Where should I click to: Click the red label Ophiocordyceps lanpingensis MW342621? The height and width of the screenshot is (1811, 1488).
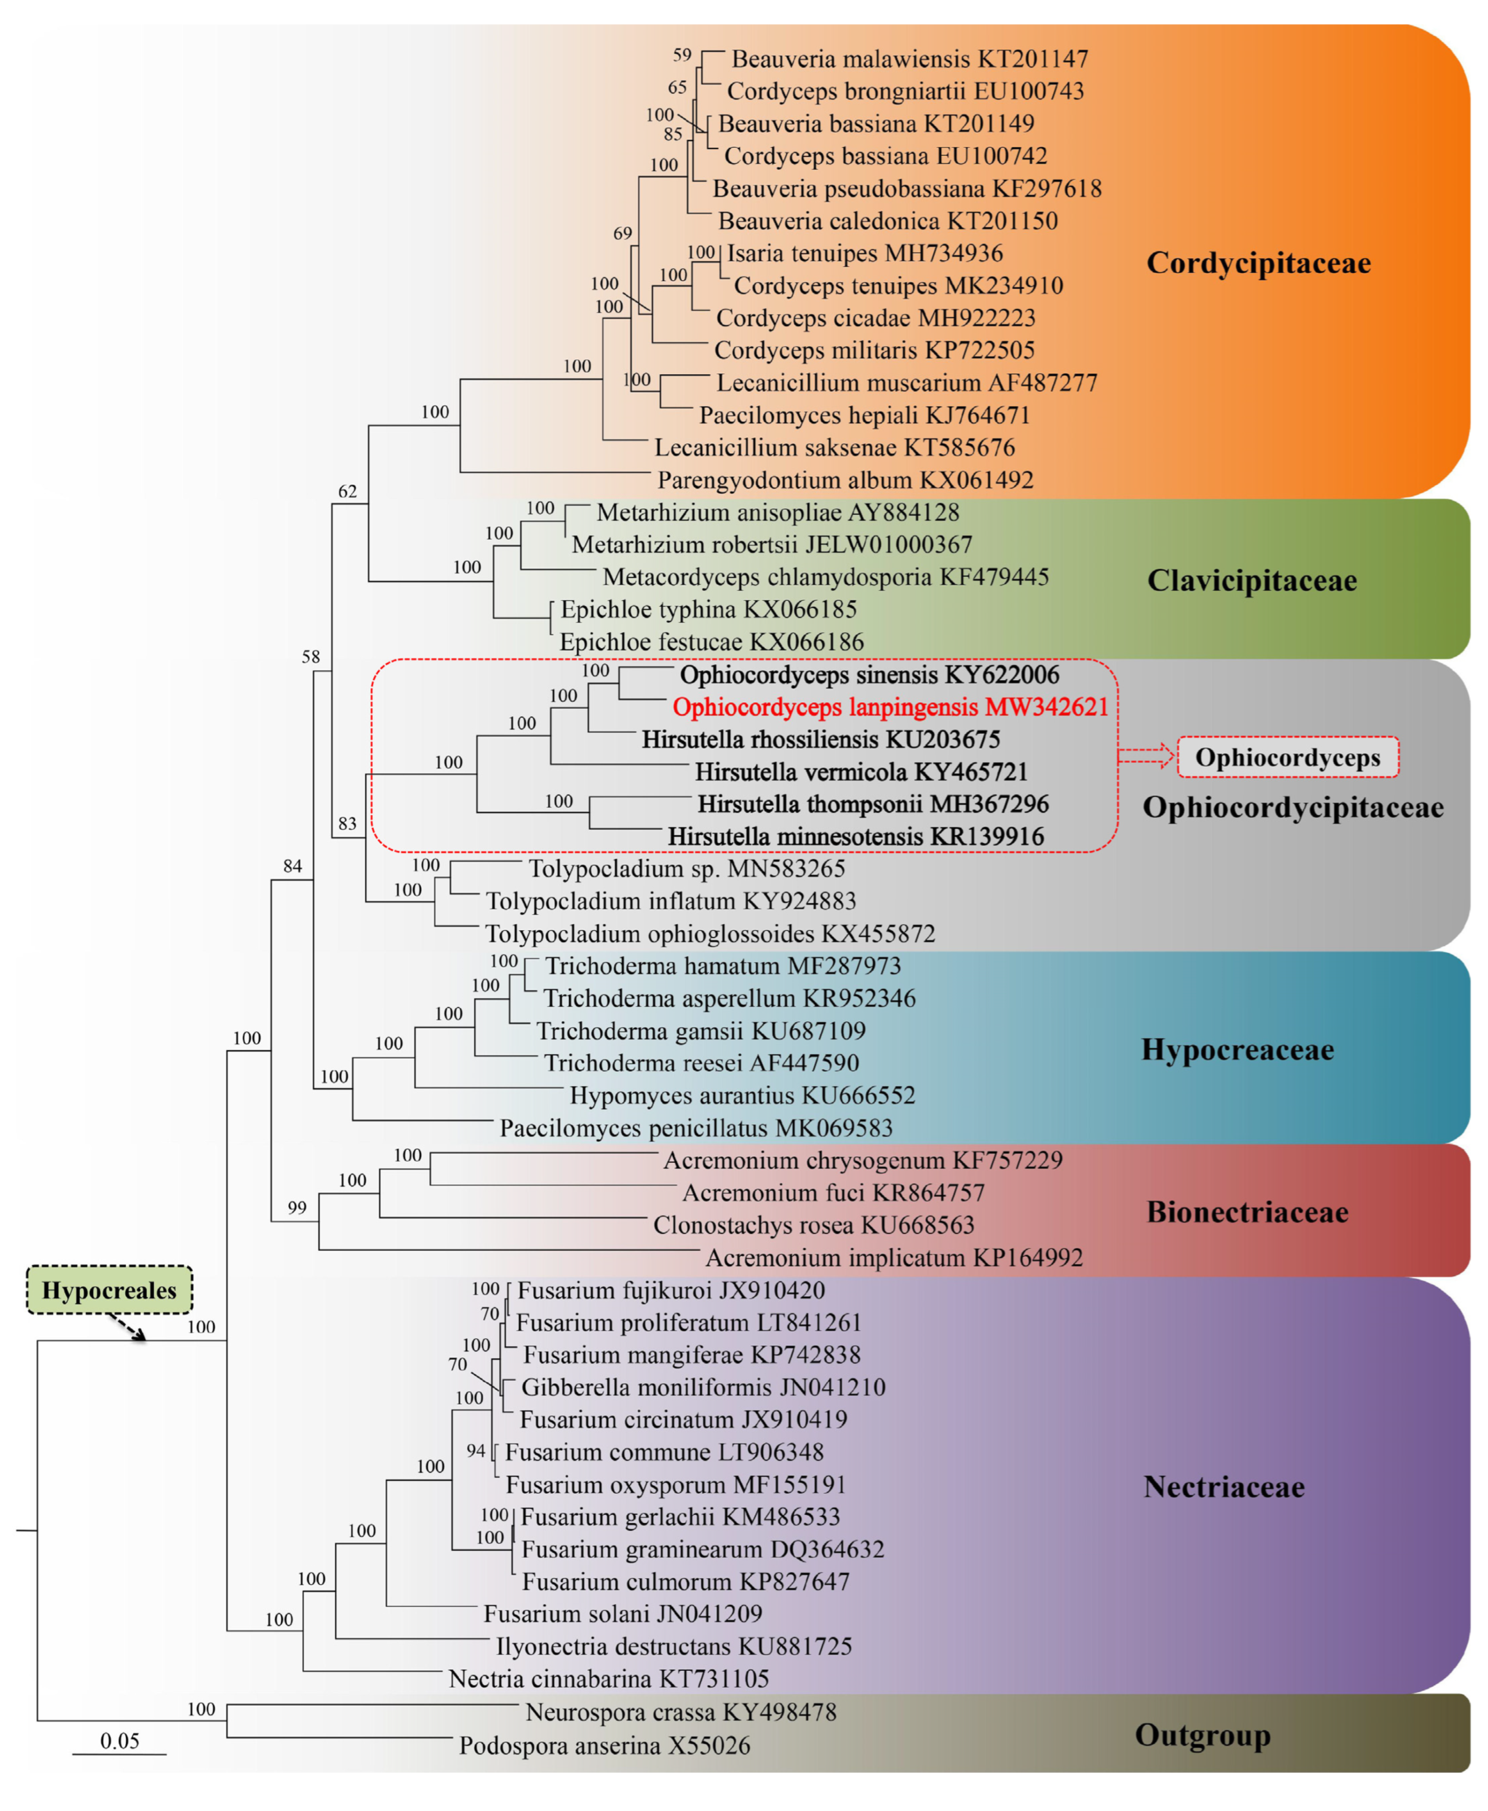point(890,707)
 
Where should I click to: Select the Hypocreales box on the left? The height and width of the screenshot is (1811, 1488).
point(109,1290)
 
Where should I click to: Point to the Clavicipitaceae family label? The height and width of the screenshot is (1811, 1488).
point(1251,580)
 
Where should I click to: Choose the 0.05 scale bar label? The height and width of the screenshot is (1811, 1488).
point(119,1741)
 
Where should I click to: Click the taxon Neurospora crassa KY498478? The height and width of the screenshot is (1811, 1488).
point(680,1712)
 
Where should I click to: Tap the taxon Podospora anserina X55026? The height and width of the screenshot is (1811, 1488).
point(604,1745)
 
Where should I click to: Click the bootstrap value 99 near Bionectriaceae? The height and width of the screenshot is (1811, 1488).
point(297,1208)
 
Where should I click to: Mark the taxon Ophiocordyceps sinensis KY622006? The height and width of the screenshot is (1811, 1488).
point(869,674)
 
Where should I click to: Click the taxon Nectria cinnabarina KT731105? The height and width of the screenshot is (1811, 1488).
point(609,1678)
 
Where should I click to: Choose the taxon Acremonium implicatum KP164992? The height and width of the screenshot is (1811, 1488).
point(894,1257)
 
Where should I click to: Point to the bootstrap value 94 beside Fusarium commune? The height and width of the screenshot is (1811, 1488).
point(476,1450)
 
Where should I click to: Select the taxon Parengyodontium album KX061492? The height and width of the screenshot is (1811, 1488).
point(845,479)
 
